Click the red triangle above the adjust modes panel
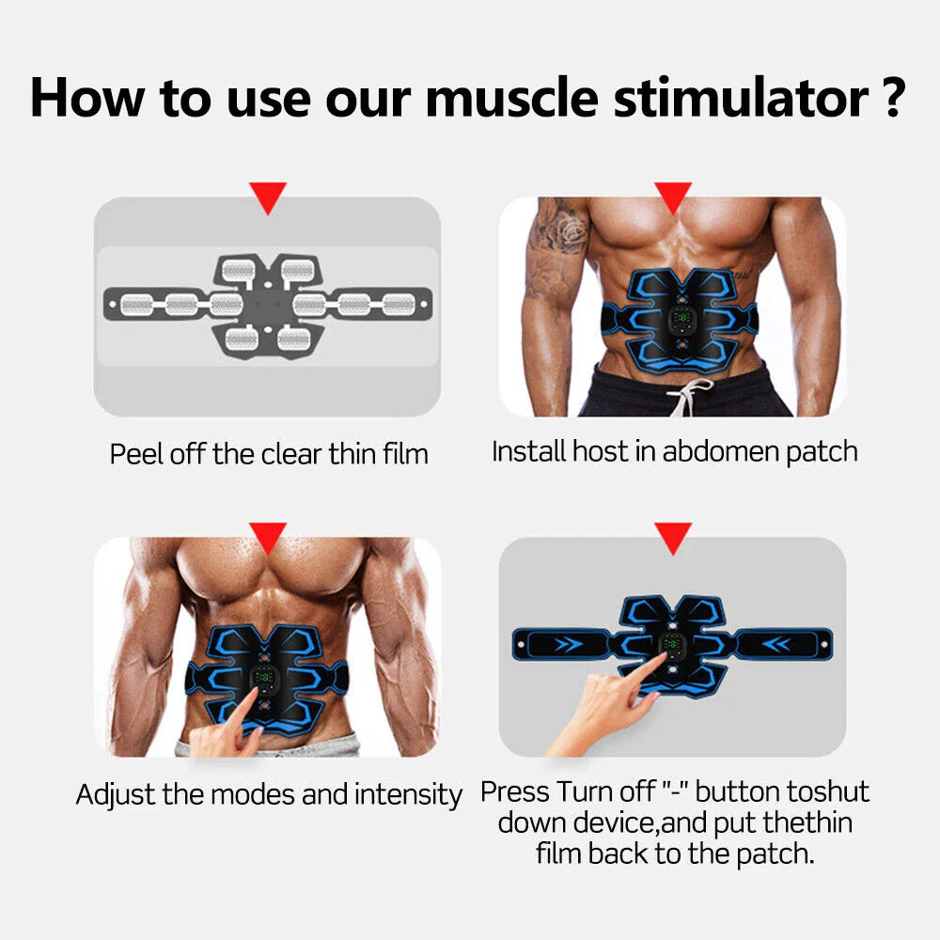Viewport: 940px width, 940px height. tap(269, 539)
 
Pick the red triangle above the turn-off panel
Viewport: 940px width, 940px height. tap(673, 537)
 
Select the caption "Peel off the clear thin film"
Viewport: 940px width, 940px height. tap(269, 454)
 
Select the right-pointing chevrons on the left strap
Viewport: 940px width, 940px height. tap(566, 645)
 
